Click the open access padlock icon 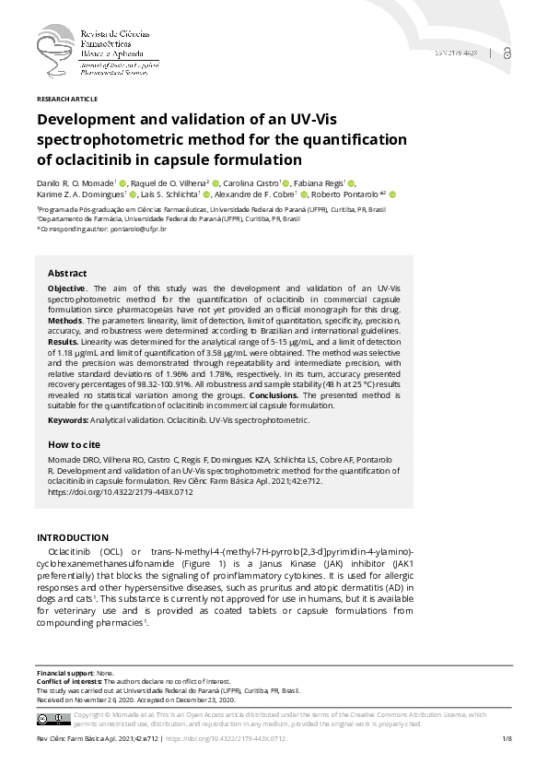coord(509,53)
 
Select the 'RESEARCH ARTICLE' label coord(66,99)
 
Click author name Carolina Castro coord(251,183)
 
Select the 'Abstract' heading coord(67,274)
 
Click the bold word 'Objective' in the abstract coord(66,288)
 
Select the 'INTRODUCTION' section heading coord(72,537)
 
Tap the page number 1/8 coord(506,740)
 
